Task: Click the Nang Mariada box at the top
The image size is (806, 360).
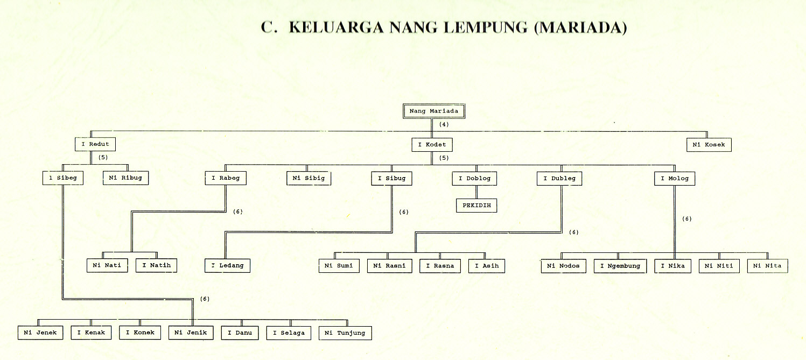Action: pos(433,111)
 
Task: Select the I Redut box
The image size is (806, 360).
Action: pos(95,144)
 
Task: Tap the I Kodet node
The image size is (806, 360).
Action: pos(432,145)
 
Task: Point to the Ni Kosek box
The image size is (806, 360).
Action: pos(709,145)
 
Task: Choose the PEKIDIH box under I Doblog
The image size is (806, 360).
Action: pos(476,206)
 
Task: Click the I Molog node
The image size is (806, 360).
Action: pos(675,178)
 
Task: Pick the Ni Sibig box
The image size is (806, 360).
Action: pos(309,178)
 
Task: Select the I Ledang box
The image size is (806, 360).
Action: pos(227,265)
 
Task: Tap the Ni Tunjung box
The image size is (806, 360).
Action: pos(345,333)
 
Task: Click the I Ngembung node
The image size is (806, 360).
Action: pos(620,266)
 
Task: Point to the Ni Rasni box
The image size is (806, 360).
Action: pos(390,266)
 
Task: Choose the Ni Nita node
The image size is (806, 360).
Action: pos(768,265)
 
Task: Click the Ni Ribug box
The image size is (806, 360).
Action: pos(125,178)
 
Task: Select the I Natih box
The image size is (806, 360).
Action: pos(156,265)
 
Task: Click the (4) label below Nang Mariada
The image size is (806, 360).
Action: pos(444,124)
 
